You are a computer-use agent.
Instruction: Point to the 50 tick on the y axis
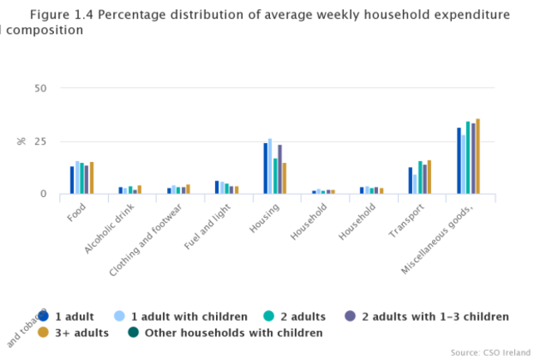tap(40, 88)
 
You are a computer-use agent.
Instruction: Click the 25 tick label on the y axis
tap(40, 141)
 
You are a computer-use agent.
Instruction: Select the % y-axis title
tap(21, 141)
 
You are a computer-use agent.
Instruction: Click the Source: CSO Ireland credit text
tap(489, 351)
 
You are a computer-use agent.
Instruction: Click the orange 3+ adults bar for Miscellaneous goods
tap(478, 156)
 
